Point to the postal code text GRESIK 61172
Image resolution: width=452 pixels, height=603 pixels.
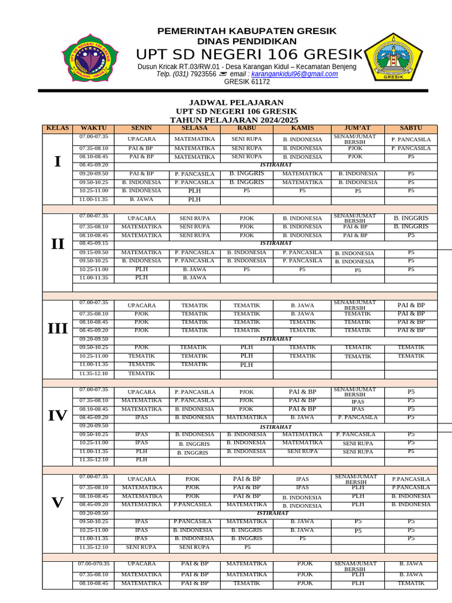(x=247, y=82)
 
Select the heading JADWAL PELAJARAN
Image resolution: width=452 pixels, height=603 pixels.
(x=236, y=102)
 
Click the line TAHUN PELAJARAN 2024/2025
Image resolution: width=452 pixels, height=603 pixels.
(x=236, y=120)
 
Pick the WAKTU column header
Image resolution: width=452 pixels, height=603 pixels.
(x=94, y=128)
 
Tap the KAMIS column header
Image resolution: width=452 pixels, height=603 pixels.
(x=303, y=128)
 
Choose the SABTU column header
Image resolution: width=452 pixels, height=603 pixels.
(x=411, y=128)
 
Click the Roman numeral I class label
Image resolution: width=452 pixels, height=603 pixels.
(x=57, y=161)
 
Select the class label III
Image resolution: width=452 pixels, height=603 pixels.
(x=57, y=329)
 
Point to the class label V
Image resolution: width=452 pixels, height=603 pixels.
(x=57, y=502)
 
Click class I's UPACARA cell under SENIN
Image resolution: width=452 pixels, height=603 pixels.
(x=141, y=140)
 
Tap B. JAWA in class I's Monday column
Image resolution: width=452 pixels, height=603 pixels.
(x=141, y=200)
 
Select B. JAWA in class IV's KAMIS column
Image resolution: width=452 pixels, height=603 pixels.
(x=303, y=417)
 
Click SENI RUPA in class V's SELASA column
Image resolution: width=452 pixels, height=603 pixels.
(x=194, y=547)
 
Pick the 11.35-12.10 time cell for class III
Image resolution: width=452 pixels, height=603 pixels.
(x=94, y=373)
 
